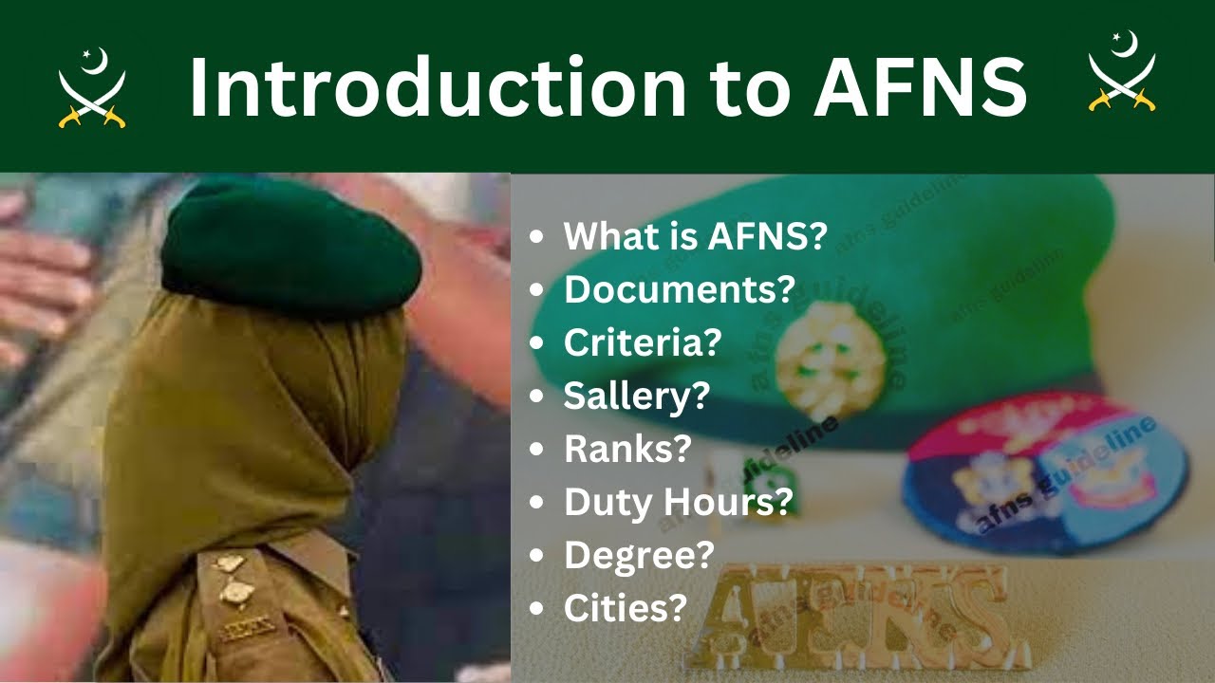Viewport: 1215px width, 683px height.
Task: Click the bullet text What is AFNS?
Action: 695,237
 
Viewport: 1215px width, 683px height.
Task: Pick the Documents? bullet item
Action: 678,289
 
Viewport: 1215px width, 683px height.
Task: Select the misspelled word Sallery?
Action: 636,396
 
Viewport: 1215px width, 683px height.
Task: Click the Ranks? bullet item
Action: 626,449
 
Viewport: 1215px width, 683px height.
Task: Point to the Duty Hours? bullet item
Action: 677,502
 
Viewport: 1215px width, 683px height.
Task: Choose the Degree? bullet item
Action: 638,555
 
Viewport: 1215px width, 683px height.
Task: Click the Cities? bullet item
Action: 625,608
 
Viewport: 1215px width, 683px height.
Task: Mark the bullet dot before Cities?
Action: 539,608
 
